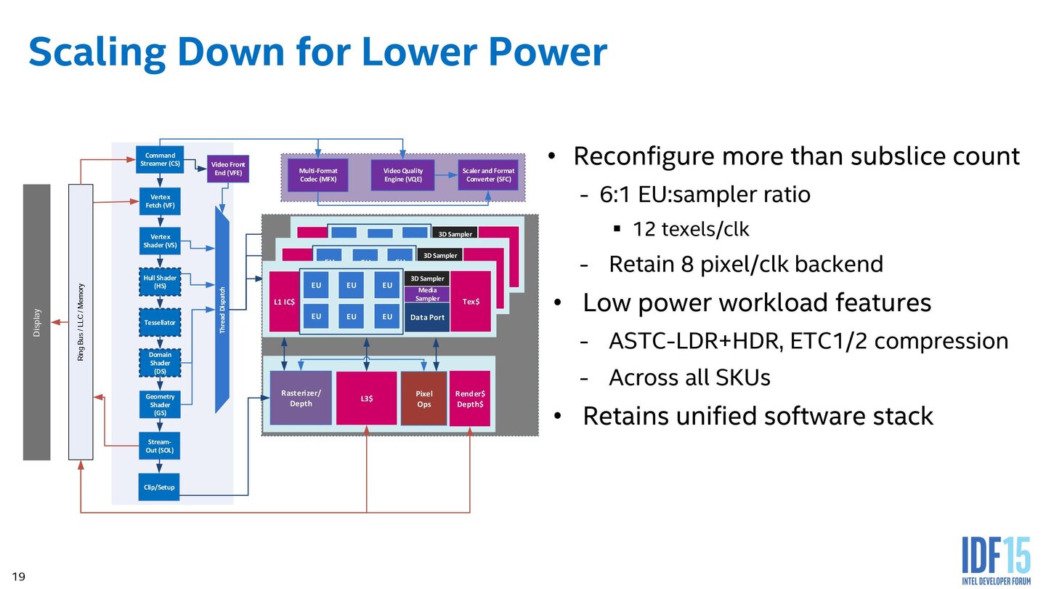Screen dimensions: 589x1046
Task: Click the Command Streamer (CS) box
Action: click(x=160, y=159)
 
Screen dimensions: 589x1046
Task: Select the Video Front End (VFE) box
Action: click(x=228, y=169)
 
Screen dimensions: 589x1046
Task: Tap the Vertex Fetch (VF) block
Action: click(x=160, y=201)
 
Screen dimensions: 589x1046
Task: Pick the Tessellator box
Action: click(x=160, y=321)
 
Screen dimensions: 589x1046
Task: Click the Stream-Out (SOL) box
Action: click(x=160, y=446)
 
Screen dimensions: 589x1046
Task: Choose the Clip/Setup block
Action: click(x=160, y=487)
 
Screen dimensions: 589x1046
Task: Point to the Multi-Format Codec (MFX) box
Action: click(x=318, y=175)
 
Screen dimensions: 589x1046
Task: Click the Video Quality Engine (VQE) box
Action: click(x=402, y=175)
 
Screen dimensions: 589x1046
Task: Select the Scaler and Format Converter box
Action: click(x=488, y=175)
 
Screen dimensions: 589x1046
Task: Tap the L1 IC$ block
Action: click(x=283, y=301)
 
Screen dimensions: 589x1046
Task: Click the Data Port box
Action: click(x=427, y=318)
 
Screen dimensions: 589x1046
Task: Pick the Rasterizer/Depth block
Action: click(x=301, y=398)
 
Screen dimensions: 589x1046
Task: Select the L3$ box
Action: click(x=366, y=398)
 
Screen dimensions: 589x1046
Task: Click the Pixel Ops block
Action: click(x=423, y=398)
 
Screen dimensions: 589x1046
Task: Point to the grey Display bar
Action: click(x=37, y=321)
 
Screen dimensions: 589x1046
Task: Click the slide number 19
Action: click(x=19, y=577)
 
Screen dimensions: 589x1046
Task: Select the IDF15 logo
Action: click(x=995, y=561)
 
